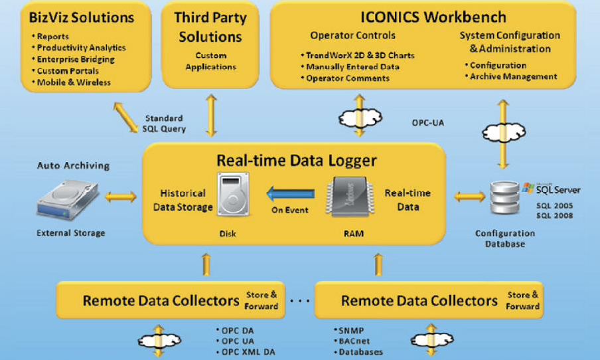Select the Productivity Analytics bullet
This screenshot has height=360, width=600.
tap(81, 48)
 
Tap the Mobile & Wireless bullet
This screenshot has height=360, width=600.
tap(74, 82)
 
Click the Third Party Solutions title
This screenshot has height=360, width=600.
tap(210, 27)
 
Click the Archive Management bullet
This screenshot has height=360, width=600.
tap(513, 76)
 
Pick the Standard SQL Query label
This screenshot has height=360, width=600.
tap(163, 124)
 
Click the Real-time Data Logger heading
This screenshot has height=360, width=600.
tap(296, 160)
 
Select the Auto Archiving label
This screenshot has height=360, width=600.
tap(73, 165)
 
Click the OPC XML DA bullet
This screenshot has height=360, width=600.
tap(249, 352)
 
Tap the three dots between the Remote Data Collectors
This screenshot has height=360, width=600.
tap(300, 301)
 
